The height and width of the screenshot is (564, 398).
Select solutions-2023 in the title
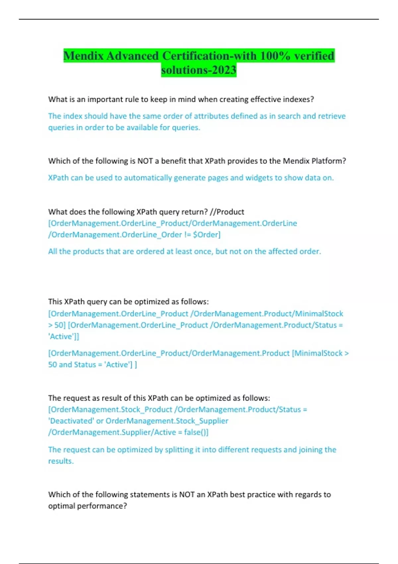[199, 70]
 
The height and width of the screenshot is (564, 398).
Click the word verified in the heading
[314, 56]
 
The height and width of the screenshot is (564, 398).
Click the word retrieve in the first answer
[332, 116]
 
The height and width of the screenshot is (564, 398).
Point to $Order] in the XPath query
[207, 235]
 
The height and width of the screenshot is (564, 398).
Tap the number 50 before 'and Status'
[52, 365]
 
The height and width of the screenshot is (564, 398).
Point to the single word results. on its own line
[61, 461]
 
